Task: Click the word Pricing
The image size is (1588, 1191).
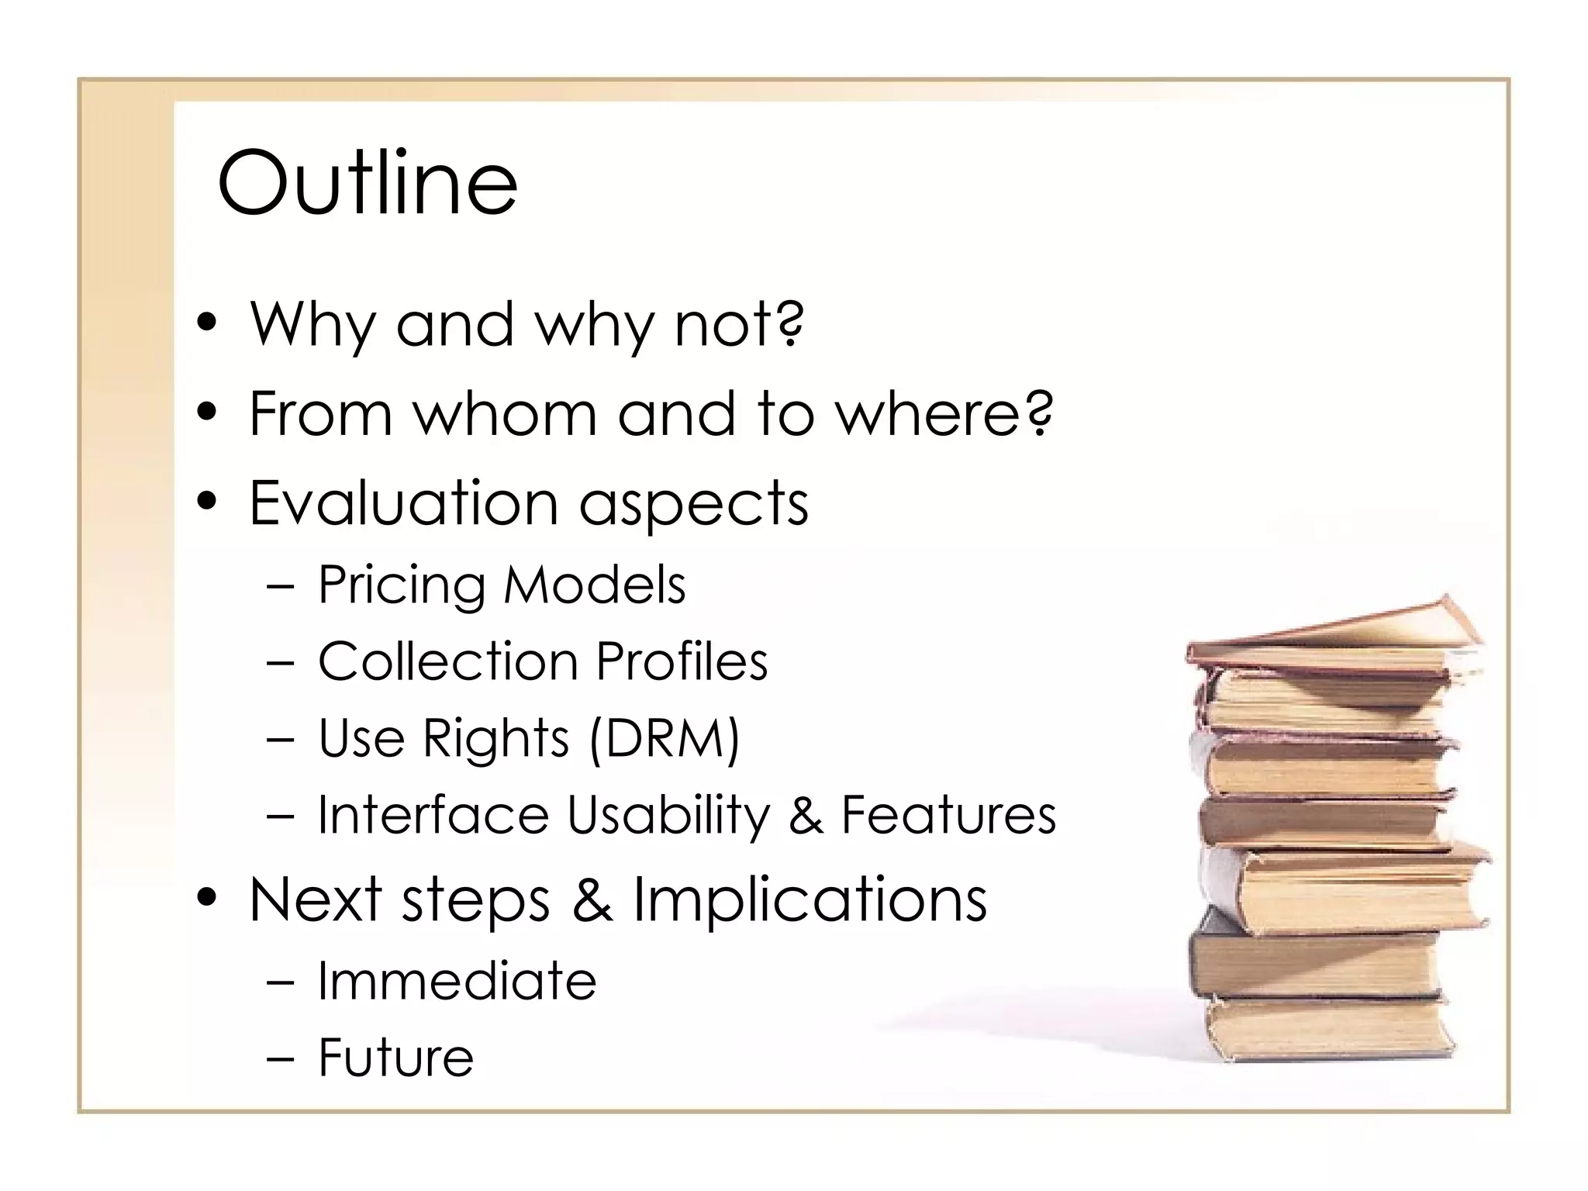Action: click(402, 585)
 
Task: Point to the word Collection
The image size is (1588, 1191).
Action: click(447, 661)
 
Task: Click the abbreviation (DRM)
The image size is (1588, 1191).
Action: click(664, 737)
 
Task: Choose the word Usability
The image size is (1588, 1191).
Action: click(668, 815)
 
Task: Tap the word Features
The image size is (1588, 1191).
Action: click(948, 815)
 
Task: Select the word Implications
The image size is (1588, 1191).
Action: click(810, 899)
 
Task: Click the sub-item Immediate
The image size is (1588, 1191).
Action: click(457, 981)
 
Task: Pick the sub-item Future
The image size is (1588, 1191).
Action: click(395, 1057)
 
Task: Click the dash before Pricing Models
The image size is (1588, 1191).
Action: click(279, 587)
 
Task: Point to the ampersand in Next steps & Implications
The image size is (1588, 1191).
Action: click(592, 899)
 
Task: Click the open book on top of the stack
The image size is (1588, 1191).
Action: click(1334, 632)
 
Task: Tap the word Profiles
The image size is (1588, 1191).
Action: click(682, 661)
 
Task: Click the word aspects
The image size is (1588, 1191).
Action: click(694, 502)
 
